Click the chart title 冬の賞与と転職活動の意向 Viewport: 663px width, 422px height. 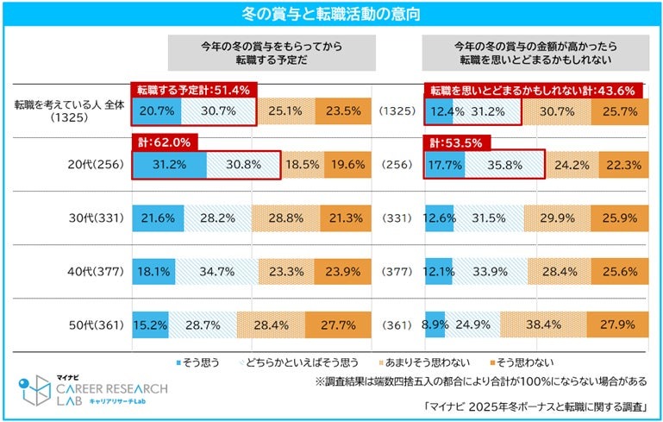[x=331, y=13]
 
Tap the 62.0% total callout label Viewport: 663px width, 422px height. [x=164, y=143]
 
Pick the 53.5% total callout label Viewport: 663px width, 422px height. [x=457, y=143]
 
